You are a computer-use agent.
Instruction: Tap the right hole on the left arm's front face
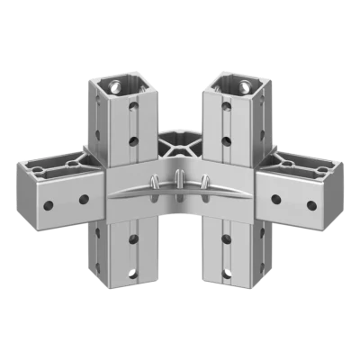click(84, 199)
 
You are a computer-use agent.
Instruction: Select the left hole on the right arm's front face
click(276, 199)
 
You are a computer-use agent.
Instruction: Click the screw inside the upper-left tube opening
click(118, 87)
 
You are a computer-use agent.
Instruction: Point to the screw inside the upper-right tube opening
click(242, 87)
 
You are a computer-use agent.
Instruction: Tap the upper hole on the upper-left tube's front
click(135, 112)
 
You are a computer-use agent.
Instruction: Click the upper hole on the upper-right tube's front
click(225, 112)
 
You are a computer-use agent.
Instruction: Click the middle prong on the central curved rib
click(180, 177)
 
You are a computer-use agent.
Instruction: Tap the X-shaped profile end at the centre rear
click(179, 141)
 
